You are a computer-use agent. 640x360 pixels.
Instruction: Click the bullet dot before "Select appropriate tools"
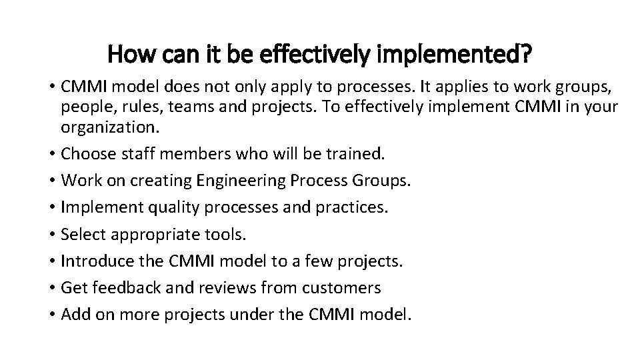tap(51, 234)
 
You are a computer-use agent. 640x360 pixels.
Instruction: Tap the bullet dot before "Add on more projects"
tap(51, 314)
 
